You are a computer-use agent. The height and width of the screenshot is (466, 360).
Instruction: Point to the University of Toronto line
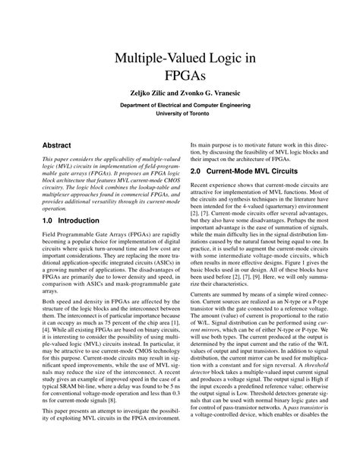(180, 119)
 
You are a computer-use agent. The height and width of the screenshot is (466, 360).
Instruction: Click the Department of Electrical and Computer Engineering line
(180, 109)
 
